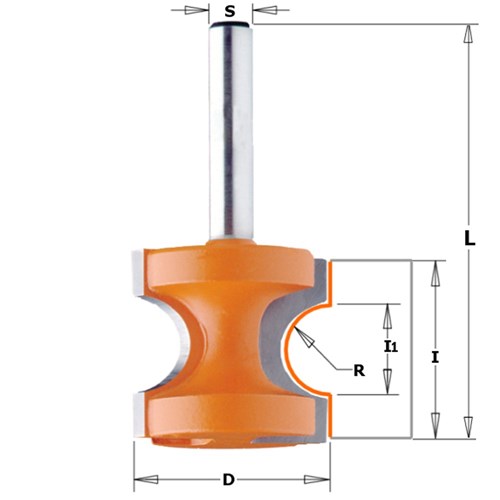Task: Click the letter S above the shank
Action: click(231, 12)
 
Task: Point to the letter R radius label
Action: click(359, 369)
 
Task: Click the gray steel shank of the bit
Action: click(231, 150)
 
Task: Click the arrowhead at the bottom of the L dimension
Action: click(465, 430)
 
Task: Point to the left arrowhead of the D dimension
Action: click(141, 476)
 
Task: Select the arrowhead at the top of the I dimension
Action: click(434, 269)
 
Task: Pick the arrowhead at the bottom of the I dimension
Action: click(434, 430)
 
